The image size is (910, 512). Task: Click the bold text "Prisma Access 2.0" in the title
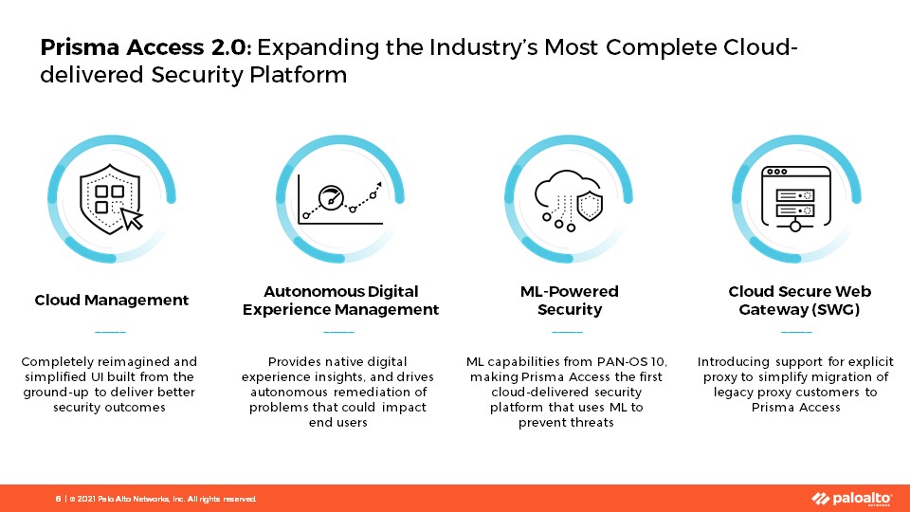coord(144,47)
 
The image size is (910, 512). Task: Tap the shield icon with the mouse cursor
coord(111,199)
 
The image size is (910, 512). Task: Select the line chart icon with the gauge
coord(340,200)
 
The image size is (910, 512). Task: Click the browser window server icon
coord(796,198)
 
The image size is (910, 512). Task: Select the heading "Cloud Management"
coord(112,301)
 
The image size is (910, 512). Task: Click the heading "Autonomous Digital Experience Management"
coord(340,301)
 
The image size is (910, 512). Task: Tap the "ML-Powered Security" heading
coord(570,301)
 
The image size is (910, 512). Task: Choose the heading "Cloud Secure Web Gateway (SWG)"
coord(799,301)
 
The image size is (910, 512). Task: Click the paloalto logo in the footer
coord(851,499)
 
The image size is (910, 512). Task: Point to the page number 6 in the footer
coord(58,499)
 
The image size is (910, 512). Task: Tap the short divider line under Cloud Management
coord(110,332)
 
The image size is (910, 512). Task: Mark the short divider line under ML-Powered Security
coord(567,332)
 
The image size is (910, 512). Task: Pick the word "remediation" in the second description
coord(366,392)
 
